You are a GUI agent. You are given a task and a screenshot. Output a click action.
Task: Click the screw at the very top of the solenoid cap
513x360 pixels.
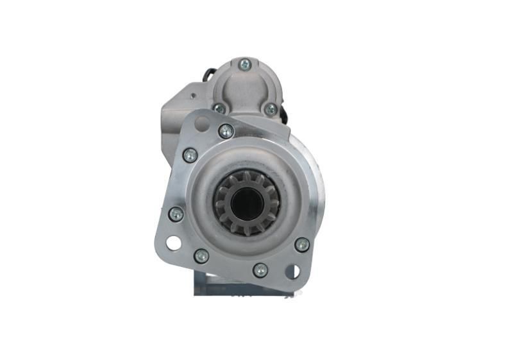pyautogui.click(x=244, y=64)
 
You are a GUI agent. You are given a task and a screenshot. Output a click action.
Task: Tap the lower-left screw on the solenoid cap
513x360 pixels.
pyautogui.click(x=220, y=108)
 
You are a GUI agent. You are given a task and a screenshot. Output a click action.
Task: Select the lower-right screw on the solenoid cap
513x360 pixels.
pyautogui.click(x=271, y=109)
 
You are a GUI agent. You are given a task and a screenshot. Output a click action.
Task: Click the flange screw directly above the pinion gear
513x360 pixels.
pyautogui.click(x=226, y=131)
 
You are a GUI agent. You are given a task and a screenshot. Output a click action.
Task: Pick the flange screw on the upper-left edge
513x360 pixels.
pyautogui.click(x=190, y=155)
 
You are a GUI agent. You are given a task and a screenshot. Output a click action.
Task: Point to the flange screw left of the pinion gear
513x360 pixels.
pyautogui.click(x=176, y=214)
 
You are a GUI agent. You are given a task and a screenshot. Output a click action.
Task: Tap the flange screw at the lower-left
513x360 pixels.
pyautogui.click(x=201, y=256)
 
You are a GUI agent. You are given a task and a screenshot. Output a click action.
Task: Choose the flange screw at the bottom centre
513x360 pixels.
pyautogui.click(x=260, y=270)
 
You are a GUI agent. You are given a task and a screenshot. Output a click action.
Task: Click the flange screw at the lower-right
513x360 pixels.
pyautogui.click(x=302, y=244)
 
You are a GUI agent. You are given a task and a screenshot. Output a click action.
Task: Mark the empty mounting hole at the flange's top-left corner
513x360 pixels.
pyautogui.click(x=201, y=123)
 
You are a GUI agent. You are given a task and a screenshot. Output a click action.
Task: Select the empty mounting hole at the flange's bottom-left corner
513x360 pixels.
pyautogui.click(x=173, y=243)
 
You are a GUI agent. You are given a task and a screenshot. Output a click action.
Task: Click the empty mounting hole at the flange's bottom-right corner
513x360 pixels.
pyautogui.click(x=292, y=271)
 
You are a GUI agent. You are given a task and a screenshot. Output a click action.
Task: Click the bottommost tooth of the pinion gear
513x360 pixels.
pyautogui.click(x=248, y=232)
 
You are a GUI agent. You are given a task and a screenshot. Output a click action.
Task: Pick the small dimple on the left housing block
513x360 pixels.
pyautogui.click(x=193, y=96)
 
